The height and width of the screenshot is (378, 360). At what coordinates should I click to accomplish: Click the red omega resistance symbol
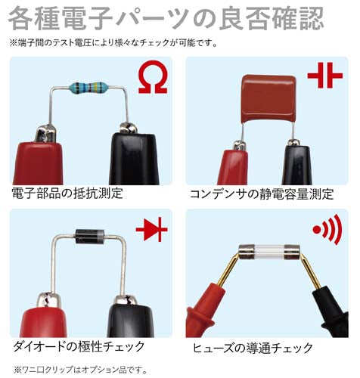[153, 77]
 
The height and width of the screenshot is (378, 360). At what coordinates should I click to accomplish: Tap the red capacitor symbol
[325, 76]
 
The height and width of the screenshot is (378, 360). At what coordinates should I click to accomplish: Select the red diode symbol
[152, 230]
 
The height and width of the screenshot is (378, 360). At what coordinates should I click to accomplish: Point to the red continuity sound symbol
[327, 230]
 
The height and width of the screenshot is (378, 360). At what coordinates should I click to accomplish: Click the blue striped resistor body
[88, 88]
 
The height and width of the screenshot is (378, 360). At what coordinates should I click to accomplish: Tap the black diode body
[90, 237]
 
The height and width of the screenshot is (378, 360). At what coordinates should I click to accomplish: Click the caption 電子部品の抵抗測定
[67, 194]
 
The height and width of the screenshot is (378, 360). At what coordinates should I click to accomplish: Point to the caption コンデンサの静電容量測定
[262, 194]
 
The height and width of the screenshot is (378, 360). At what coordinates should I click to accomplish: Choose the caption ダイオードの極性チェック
[79, 346]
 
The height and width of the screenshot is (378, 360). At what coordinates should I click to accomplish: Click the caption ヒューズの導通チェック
[253, 348]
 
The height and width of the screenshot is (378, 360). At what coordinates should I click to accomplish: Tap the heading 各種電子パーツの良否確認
[166, 18]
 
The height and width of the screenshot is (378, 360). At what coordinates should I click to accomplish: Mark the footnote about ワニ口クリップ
[81, 370]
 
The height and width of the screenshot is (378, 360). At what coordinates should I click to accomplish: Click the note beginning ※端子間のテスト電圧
[113, 43]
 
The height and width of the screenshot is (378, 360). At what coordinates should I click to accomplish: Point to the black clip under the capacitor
[297, 164]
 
